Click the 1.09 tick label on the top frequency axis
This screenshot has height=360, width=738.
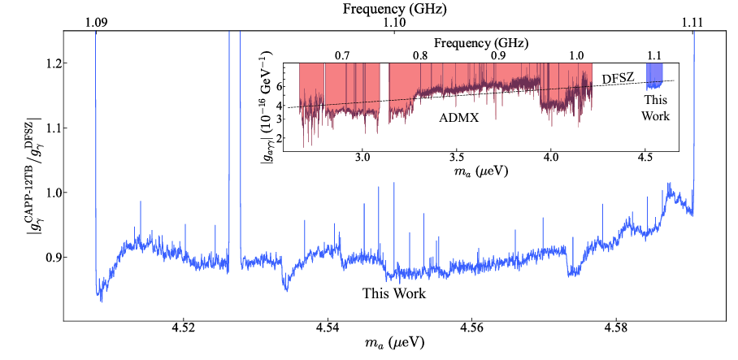tap(96, 24)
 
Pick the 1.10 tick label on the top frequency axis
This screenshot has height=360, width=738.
tap(394, 24)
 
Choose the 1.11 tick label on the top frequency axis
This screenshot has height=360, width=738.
tap(692, 24)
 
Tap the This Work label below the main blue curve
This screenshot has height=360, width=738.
tap(394, 292)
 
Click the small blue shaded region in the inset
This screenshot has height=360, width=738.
tap(654, 76)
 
